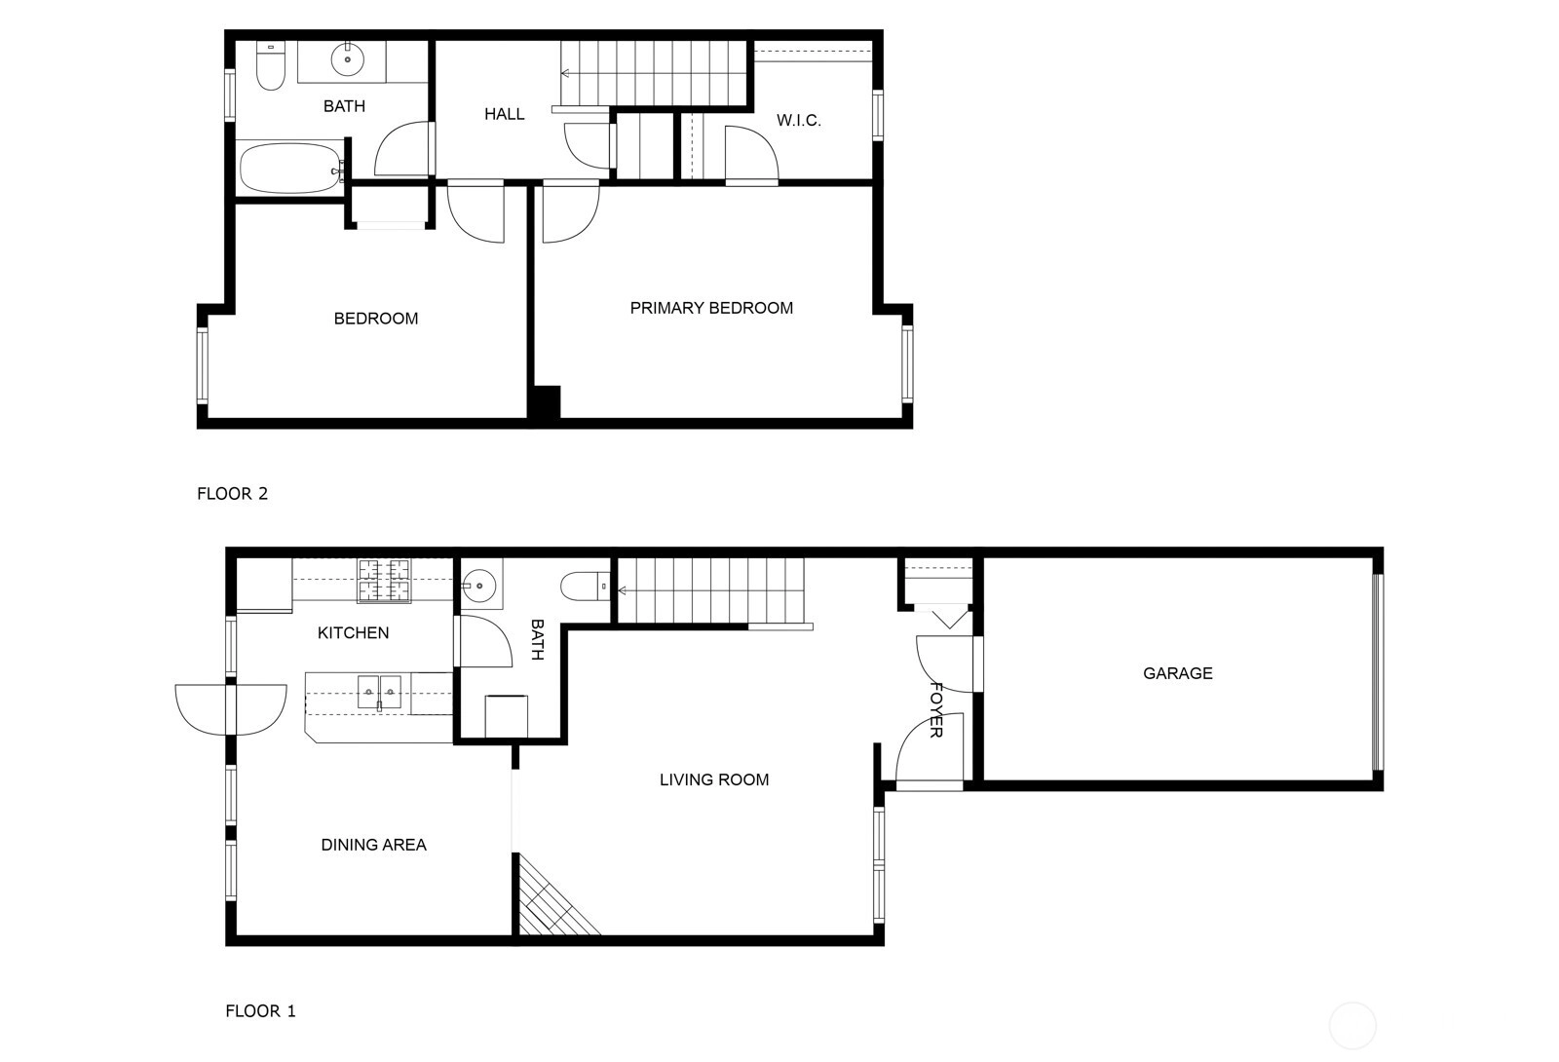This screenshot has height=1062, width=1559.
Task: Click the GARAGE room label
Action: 1178,673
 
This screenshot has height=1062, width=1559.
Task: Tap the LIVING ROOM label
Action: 714,779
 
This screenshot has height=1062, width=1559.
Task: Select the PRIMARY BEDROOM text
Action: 711,308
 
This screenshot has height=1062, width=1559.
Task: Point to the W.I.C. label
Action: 798,121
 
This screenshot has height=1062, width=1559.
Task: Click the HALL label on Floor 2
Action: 505,114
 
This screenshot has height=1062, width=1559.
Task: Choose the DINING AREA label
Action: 374,845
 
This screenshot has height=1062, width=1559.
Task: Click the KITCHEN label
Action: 353,632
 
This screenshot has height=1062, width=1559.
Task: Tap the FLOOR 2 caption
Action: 233,493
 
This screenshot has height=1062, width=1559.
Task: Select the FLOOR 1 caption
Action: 260,1010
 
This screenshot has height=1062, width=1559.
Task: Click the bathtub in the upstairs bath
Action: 291,170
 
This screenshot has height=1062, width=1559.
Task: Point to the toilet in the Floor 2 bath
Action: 271,66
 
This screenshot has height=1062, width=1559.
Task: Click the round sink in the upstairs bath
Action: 347,59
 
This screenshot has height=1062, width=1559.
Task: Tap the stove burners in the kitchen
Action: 384,580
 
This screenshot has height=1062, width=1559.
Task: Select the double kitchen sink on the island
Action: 379,693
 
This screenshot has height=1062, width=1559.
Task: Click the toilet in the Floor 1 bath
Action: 586,586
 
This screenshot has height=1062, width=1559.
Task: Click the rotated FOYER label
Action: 936,710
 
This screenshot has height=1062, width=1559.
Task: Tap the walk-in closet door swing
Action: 751,155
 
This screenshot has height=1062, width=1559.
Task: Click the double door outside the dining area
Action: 230,709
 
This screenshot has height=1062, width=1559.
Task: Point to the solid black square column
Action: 544,403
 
